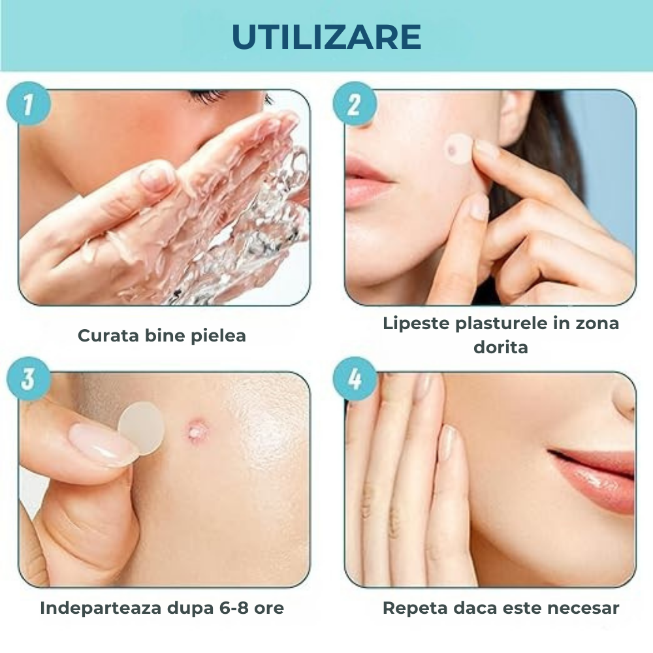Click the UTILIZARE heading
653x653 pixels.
coord(326,37)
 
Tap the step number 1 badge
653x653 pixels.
coord(29,104)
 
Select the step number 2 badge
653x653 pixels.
coord(355,104)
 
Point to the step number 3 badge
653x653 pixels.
coord(29,379)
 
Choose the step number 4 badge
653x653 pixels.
coord(355,379)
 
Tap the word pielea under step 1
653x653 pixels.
coord(218,336)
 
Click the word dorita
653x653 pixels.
coord(501,347)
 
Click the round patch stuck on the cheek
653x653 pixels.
coord(458,148)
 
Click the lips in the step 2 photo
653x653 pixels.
coord(366,183)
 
